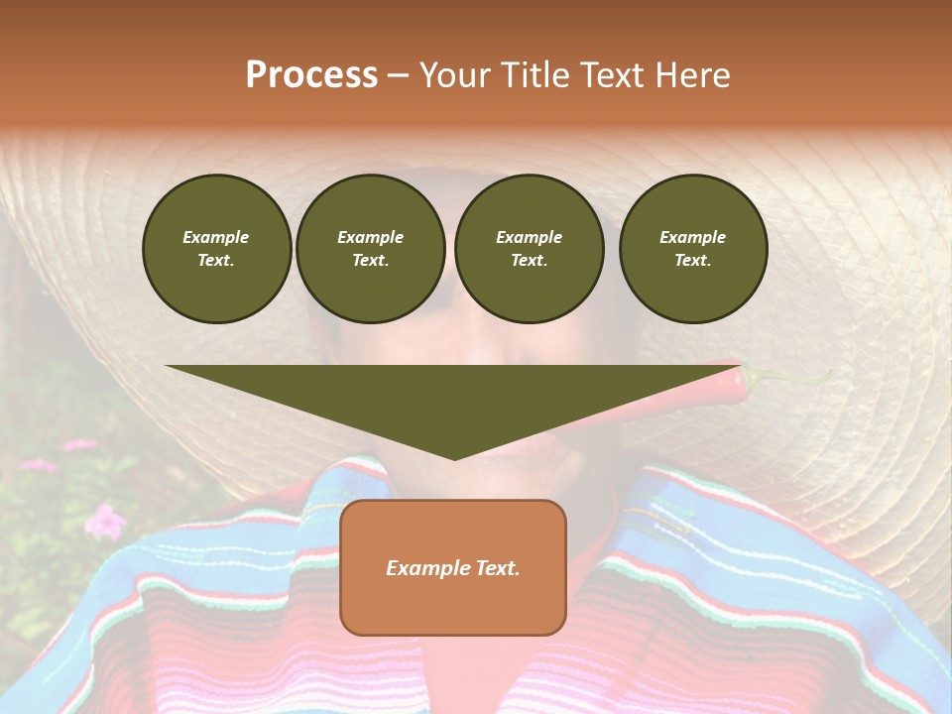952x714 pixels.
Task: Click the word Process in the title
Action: pyautogui.click(x=311, y=75)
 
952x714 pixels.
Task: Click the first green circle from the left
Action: pyautogui.click(x=216, y=248)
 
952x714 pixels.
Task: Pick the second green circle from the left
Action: pyautogui.click(x=370, y=248)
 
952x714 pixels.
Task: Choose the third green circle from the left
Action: pyautogui.click(x=529, y=248)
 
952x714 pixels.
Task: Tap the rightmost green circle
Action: pyautogui.click(x=692, y=248)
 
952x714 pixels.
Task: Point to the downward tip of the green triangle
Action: pyautogui.click(x=454, y=457)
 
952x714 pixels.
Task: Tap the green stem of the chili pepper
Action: pyautogui.click(x=793, y=377)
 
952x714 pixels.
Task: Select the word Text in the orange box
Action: pyautogui.click(x=494, y=568)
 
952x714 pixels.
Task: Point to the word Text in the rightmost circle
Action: pyautogui.click(x=692, y=260)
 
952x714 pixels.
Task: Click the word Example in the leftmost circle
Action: pyautogui.click(x=216, y=237)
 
